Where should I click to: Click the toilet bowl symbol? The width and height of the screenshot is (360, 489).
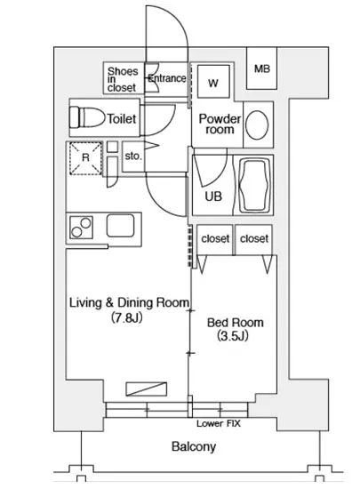point(87,117)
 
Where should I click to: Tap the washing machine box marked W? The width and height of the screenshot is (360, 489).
point(213,82)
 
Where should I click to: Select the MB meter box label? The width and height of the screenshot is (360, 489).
point(262,68)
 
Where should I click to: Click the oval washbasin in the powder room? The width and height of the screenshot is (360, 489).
point(257,125)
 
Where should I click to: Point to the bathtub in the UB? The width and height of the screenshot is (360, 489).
point(254,185)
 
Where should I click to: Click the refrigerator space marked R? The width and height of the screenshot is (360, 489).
point(85,158)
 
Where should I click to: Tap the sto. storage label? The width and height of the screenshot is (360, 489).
point(133,156)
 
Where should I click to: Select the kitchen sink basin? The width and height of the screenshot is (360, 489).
point(121,226)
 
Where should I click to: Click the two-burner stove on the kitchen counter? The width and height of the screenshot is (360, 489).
point(82,228)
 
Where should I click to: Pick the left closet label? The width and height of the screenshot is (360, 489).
point(215,239)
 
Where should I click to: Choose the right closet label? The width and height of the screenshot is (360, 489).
point(254,239)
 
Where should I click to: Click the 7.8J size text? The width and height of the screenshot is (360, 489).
point(127,317)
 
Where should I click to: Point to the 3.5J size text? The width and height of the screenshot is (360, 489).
point(233,336)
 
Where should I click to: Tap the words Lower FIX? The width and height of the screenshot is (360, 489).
point(219,423)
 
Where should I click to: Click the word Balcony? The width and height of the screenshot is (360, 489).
point(194,447)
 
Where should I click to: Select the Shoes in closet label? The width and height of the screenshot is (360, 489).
point(123,79)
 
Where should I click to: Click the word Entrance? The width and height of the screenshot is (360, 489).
point(167,78)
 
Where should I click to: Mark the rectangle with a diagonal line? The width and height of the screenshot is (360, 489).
point(146,389)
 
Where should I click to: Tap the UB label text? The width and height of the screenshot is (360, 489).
point(213,196)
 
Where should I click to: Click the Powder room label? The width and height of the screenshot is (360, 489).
point(220,124)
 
